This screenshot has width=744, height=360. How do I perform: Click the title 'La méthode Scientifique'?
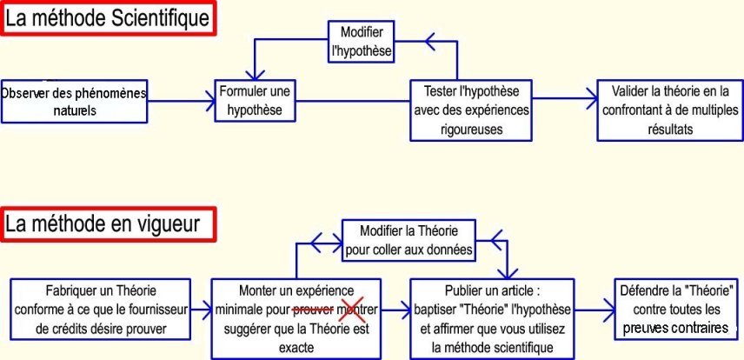click(108, 18)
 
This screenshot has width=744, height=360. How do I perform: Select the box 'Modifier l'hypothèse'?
click(362, 42)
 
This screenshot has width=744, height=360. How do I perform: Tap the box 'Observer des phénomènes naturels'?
click(74, 101)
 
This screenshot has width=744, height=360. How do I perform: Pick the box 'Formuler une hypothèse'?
click(255, 101)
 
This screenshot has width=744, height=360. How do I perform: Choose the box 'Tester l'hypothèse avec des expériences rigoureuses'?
click(471, 110)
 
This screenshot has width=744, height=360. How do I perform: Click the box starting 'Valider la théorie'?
click(670, 110)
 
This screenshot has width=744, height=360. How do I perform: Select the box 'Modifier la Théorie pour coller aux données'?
click(409, 239)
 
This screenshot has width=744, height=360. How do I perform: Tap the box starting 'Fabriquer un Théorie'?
click(101, 310)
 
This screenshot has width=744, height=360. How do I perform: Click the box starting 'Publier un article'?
click(492, 318)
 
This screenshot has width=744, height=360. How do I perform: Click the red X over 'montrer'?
click(352, 310)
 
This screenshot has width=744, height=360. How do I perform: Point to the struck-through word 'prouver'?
click(312, 310)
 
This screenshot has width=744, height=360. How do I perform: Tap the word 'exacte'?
click(296, 348)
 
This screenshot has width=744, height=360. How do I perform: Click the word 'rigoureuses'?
click(470, 130)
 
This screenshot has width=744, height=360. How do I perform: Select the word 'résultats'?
click(670, 130)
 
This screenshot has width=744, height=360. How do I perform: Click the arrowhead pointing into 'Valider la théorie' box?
click(592, 99)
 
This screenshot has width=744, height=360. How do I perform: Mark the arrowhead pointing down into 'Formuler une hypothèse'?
click(256, 74)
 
